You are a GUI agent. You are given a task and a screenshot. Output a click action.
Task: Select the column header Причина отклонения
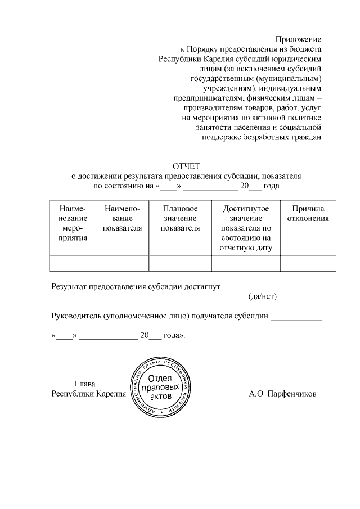pos(308,214)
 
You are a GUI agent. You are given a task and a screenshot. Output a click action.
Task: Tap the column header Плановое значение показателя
pos(180,218)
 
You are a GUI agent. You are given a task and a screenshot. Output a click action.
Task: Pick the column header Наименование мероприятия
pos(72,223)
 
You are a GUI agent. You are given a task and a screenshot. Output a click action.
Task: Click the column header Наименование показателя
pos(122,218)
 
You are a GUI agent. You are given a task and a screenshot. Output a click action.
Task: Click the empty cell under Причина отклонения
pos(308,263)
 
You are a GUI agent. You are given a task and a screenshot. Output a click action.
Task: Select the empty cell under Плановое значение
pos(180,263)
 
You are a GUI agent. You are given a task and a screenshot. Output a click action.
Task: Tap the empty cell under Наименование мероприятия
pos(72,263)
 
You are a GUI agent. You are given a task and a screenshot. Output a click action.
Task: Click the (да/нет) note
pos(263,296)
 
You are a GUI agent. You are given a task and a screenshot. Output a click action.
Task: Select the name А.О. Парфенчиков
pos(282,394)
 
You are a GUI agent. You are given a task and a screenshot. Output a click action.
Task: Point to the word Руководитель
pos(76,316)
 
